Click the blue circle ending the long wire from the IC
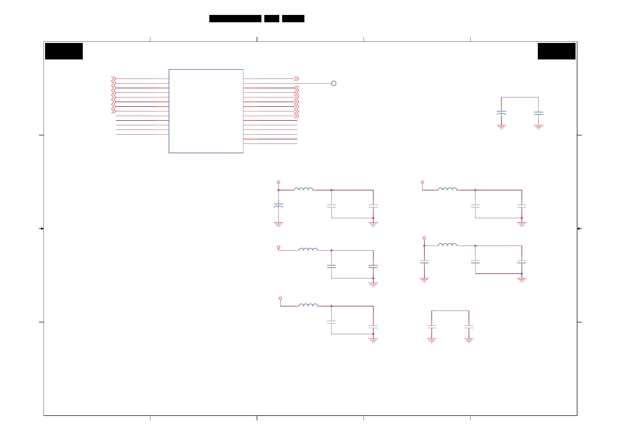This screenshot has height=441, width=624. coord(334,84)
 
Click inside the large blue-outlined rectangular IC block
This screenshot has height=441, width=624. coord(206,111)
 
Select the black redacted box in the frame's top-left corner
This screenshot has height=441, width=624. coord(64,51)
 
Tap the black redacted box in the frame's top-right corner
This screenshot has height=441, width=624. coord(556,51)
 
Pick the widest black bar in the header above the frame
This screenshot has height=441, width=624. coord(235,19)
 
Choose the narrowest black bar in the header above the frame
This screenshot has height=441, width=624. coord(271,19)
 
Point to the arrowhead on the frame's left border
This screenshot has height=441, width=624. coord(42,229)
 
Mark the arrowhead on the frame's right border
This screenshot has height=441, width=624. coord(579,229)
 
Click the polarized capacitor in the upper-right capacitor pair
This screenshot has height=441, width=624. coord(501,113)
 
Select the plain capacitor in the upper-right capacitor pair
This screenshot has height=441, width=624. coord(538,113)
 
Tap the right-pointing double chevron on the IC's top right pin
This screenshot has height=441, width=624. coord(297,79)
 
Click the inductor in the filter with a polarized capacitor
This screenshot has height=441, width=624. coord(303,189)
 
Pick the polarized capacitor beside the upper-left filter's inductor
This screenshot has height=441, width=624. coord(278,205)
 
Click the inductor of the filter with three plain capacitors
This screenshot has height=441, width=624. coord(447,245)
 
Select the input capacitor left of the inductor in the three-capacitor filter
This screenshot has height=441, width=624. coord(424,262)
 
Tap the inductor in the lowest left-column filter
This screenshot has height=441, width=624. coord(308,305)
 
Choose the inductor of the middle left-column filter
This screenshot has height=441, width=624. coord(308,250)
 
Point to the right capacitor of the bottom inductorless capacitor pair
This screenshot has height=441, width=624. coord(469,327)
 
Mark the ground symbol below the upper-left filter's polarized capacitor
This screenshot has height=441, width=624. coord(278,224)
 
